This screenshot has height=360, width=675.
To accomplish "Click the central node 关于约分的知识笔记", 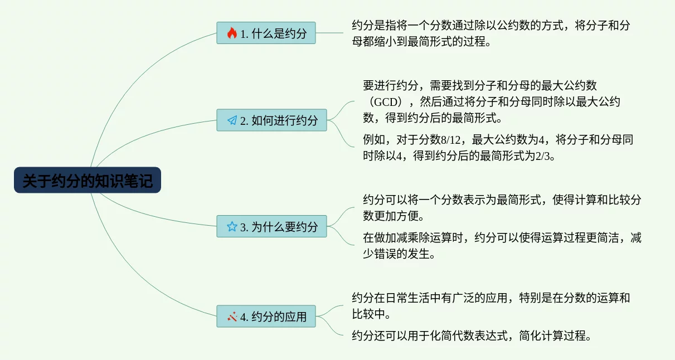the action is tap(88, 180).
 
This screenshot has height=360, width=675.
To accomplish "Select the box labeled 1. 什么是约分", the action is tap(266, 33).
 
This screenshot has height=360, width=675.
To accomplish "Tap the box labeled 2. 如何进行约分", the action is tap(271, 120).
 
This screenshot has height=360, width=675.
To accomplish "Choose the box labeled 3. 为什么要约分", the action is tap(271, 226).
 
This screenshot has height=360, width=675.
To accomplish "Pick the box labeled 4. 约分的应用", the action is tap(266, 317).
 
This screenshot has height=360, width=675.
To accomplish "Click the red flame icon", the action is tap(232, 33).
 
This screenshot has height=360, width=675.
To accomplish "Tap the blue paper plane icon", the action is tap(232, 120).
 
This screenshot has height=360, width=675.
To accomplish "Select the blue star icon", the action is tap(232, 227).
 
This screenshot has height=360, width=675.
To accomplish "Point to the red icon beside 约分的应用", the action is tap(232, 317).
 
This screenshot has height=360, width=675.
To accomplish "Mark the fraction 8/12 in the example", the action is tap(451, 140).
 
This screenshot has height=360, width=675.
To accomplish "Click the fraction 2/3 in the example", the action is tap(542, 156).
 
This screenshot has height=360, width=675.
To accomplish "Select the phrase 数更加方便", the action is tap(391, 216).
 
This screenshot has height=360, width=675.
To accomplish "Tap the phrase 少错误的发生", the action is tap(396, 254).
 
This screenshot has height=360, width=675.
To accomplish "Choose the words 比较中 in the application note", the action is tap(368, 314).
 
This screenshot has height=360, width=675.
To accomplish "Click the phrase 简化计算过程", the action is tap(552, 335).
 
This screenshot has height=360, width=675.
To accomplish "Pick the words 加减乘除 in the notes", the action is tap(407, 238).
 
